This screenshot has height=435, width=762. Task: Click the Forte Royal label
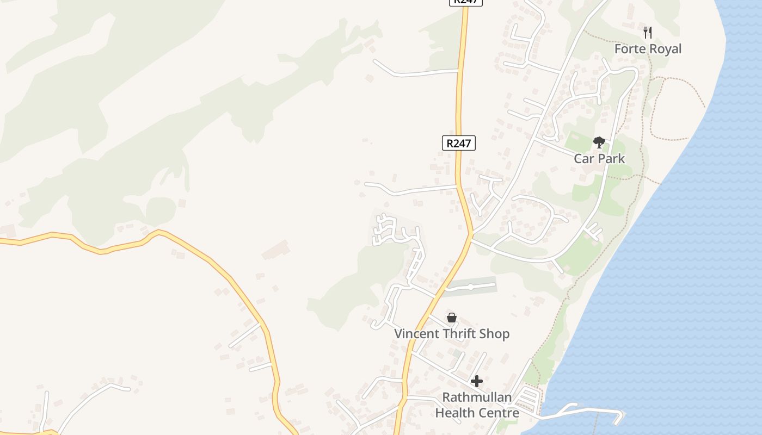tap(648, 49)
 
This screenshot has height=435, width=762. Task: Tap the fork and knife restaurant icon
tap(648, 32)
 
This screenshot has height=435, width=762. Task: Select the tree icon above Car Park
tap(599, 142)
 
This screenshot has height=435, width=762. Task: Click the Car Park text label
tap(599, 159)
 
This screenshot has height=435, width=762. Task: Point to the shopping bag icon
tap(452, 318)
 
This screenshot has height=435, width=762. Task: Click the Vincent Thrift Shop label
tap(452, 334)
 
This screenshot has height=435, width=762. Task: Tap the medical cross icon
tap(477, 381)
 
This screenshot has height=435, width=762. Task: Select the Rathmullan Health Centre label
tap(477, 405)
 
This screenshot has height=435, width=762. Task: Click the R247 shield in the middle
tap(458, 144)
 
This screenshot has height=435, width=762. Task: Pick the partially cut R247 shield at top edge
tap(466, 2)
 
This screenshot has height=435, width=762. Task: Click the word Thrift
tap(460, 334)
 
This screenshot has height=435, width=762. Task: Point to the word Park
tap(612, 159)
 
